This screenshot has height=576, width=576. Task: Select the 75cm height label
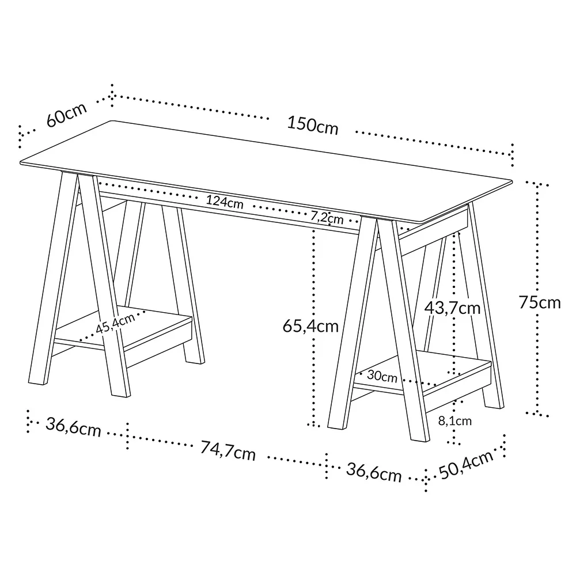[539, 302]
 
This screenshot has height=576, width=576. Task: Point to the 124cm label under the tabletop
[225, 202]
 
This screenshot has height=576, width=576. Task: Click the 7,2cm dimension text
[327, 217]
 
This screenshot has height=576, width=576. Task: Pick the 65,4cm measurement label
[310, 326]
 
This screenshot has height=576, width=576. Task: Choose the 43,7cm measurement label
[452, 308]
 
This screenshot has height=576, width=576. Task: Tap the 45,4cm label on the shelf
[115, 323]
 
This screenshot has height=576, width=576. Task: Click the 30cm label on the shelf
[382, 377]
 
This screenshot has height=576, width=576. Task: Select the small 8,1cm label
[454, 421]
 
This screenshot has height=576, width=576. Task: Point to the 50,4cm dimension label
[467, 465]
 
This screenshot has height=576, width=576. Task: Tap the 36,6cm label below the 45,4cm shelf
[73, 427]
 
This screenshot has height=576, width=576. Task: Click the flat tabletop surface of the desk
[259, 167]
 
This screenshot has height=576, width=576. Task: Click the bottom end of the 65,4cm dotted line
[313, 425]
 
